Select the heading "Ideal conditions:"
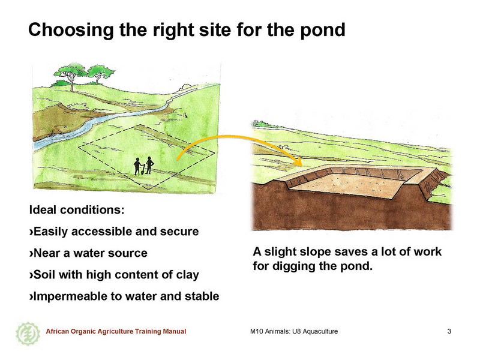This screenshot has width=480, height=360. coord(77,210)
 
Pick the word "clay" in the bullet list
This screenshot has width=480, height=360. coord(187,275)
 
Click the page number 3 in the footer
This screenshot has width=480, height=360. coord(449,331)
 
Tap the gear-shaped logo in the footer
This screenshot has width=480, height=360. coord(28,334)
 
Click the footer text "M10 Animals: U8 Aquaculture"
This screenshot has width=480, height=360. coord(294,331)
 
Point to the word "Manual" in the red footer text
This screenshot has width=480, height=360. coord(175,331)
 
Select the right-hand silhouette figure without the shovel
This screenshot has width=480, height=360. coord(149,166)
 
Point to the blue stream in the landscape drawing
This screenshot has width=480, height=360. coord(101,120)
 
